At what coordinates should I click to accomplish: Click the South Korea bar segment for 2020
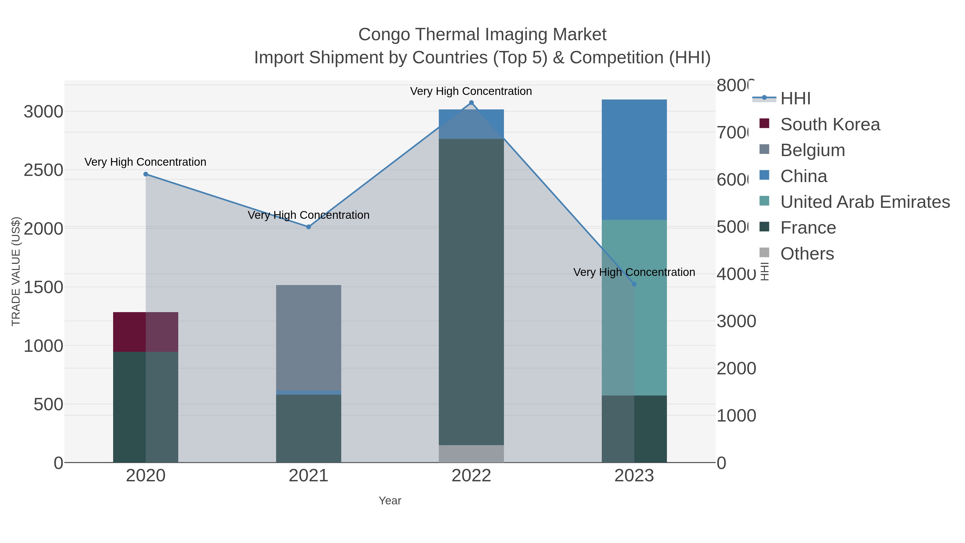145,332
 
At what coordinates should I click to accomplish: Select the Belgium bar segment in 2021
308,337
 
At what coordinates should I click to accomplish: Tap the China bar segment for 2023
634,159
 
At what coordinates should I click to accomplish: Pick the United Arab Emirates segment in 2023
634,307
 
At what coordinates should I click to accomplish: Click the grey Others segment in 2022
471,453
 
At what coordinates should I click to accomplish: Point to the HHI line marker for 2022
471,103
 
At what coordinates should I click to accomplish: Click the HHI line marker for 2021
308,227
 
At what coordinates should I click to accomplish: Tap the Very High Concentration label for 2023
634,272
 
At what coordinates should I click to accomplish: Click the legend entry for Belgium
812,150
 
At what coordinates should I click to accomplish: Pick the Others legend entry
807,254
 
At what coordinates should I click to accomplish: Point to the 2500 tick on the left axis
43,170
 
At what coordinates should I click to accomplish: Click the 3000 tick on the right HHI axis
736,321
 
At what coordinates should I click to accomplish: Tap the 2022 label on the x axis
471,475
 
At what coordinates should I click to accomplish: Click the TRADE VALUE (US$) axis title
16,271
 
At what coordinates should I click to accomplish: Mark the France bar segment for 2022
471,292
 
